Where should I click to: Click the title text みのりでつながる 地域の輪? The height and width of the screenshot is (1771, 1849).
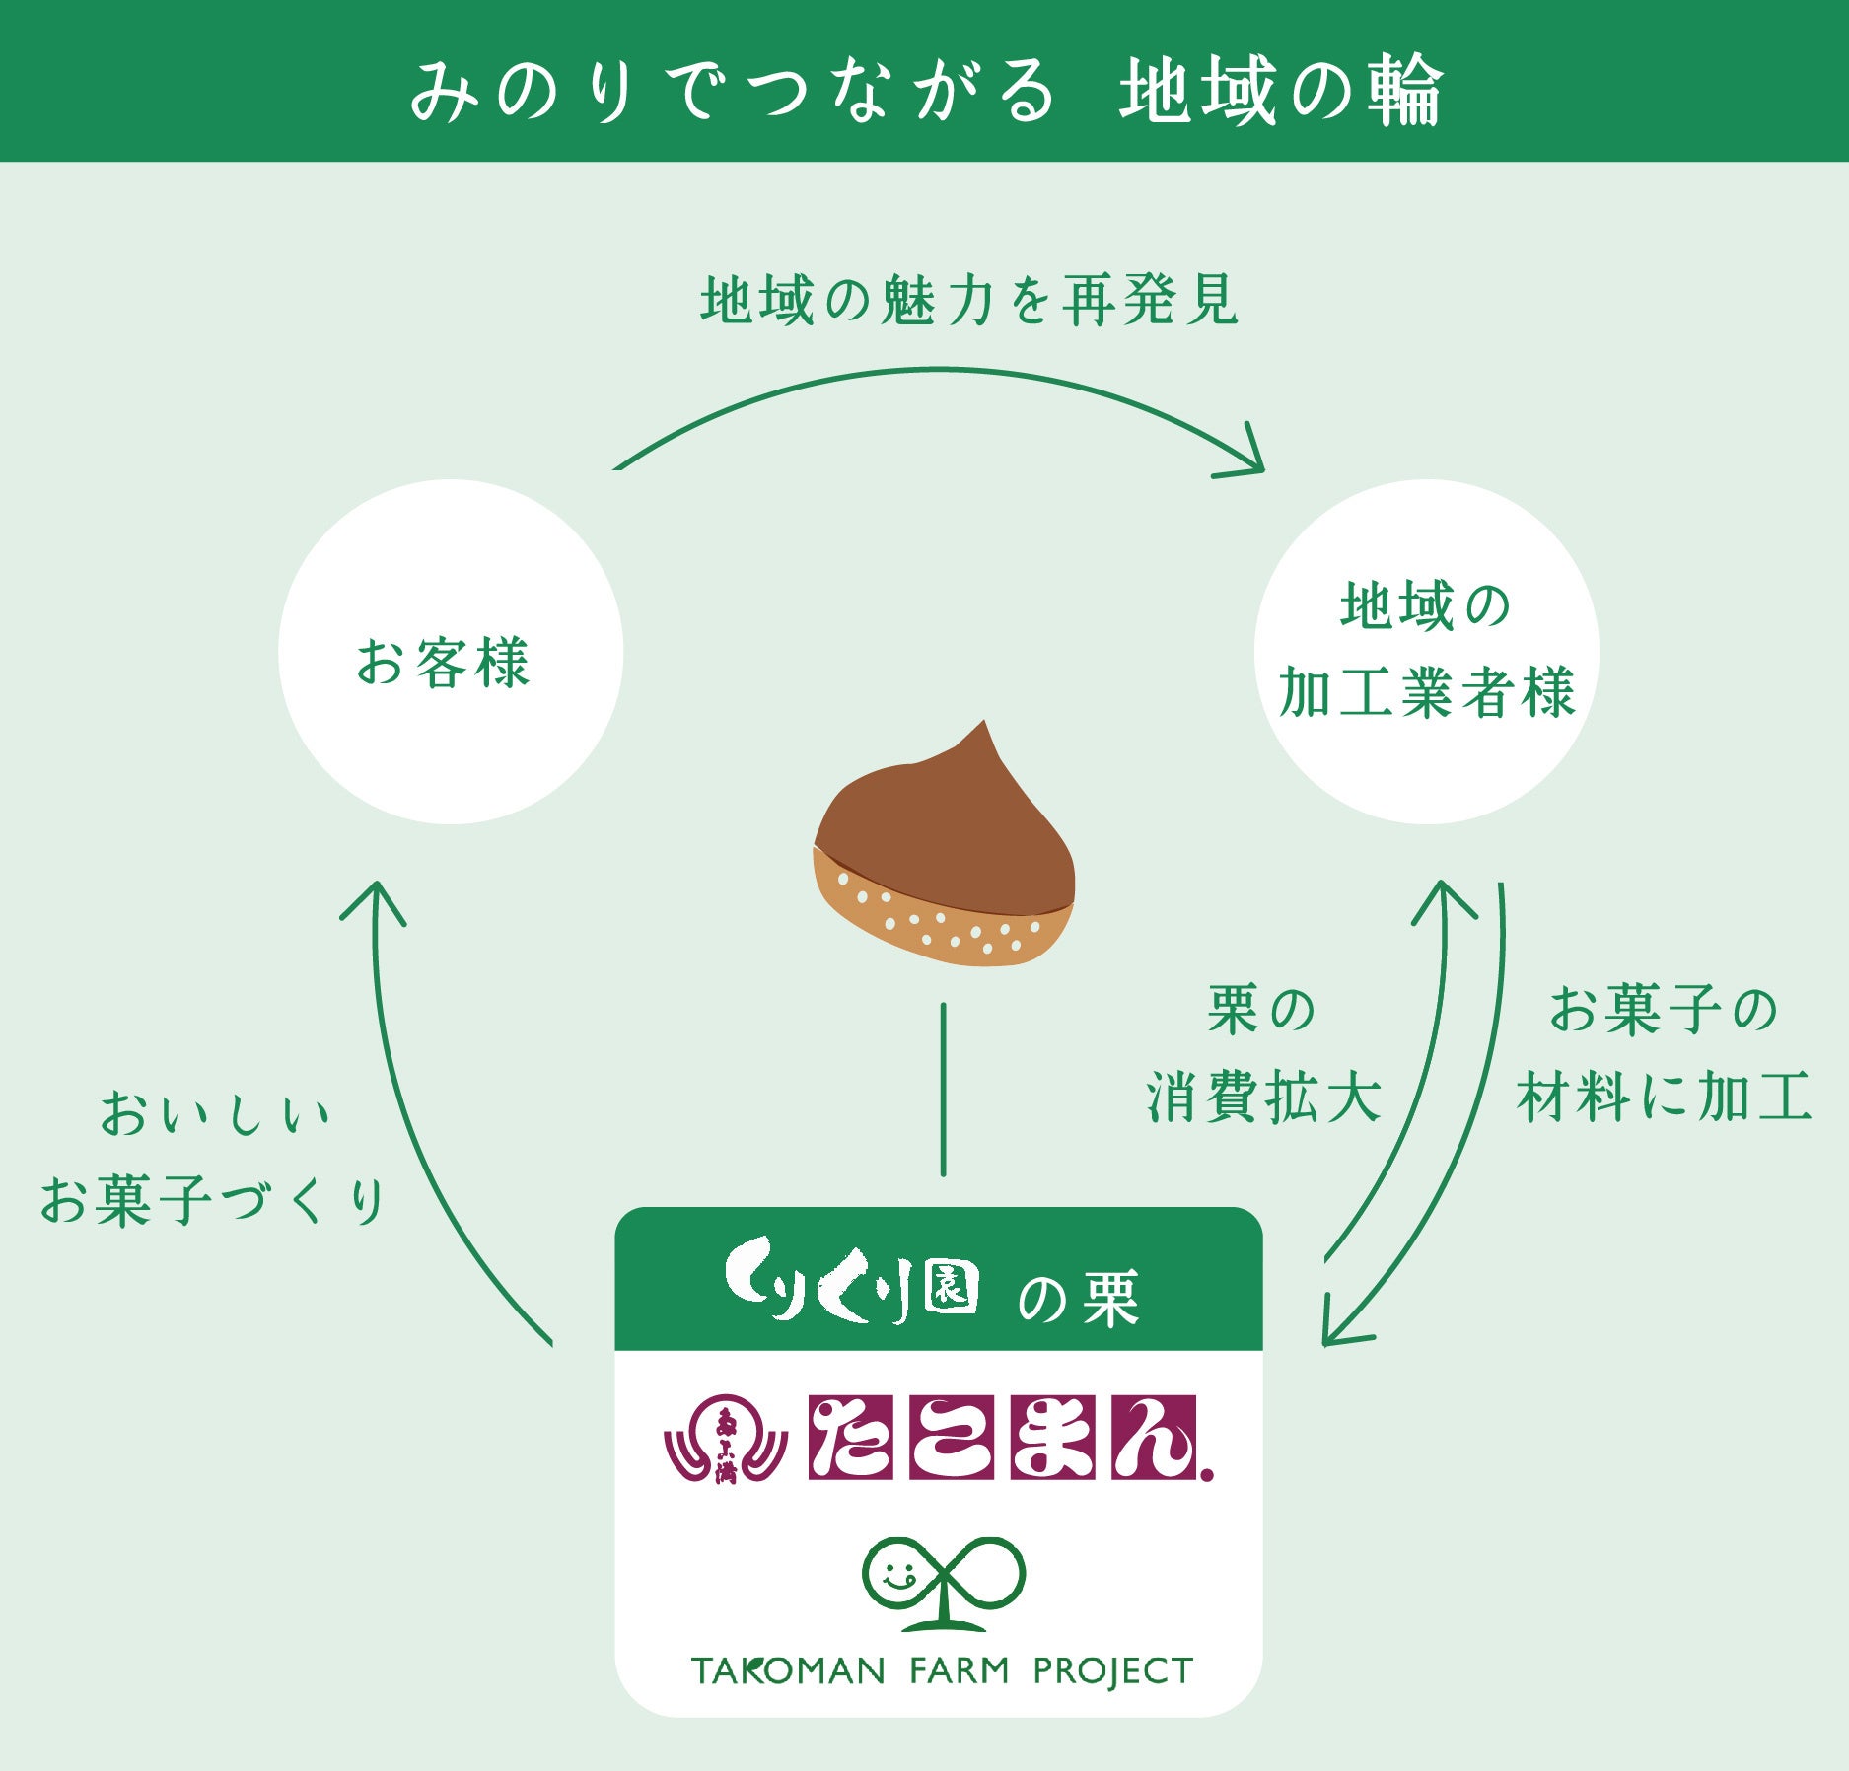pyautogui.click(x=925, y=91)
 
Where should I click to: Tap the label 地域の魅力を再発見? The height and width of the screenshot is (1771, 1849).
pyautogui.click(x=968, y=301)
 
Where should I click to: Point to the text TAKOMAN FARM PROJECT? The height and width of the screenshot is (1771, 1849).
pyautogui.click(x=942, y=1670)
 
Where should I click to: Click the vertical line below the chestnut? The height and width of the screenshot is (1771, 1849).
pyautogui.click(x=944, y=1090)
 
